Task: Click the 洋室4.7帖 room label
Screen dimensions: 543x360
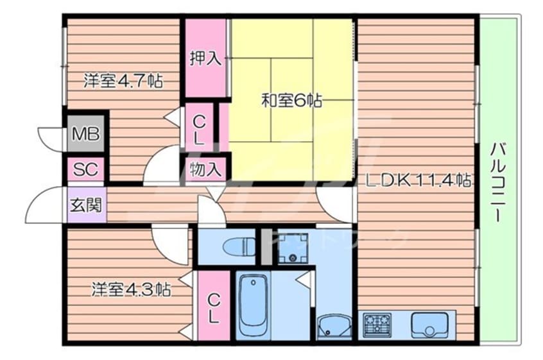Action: pos(123,81)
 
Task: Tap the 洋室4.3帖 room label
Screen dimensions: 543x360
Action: pos(131,289)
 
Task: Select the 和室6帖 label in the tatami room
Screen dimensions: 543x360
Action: pos(291,100)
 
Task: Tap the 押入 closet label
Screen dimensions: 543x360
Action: pos(205,58)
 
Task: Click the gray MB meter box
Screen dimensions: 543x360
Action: pos(85,133)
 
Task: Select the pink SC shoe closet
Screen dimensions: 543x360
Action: pos(85,169)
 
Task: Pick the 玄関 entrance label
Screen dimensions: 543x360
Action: pos(86,205)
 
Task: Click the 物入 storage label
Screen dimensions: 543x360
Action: pos(205,169)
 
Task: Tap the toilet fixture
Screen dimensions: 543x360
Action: pos(239,246)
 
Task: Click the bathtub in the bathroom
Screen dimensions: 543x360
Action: pos(254,305)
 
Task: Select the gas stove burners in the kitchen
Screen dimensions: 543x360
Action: pos(377,325)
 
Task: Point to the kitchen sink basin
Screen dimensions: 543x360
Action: pos(429,325)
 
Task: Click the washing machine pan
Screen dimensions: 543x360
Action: pos(293,248)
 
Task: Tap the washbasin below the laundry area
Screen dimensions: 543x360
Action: pos(334,327)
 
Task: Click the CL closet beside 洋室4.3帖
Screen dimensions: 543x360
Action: pos(214,305)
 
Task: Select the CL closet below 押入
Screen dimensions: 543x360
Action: pos(199,128)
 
